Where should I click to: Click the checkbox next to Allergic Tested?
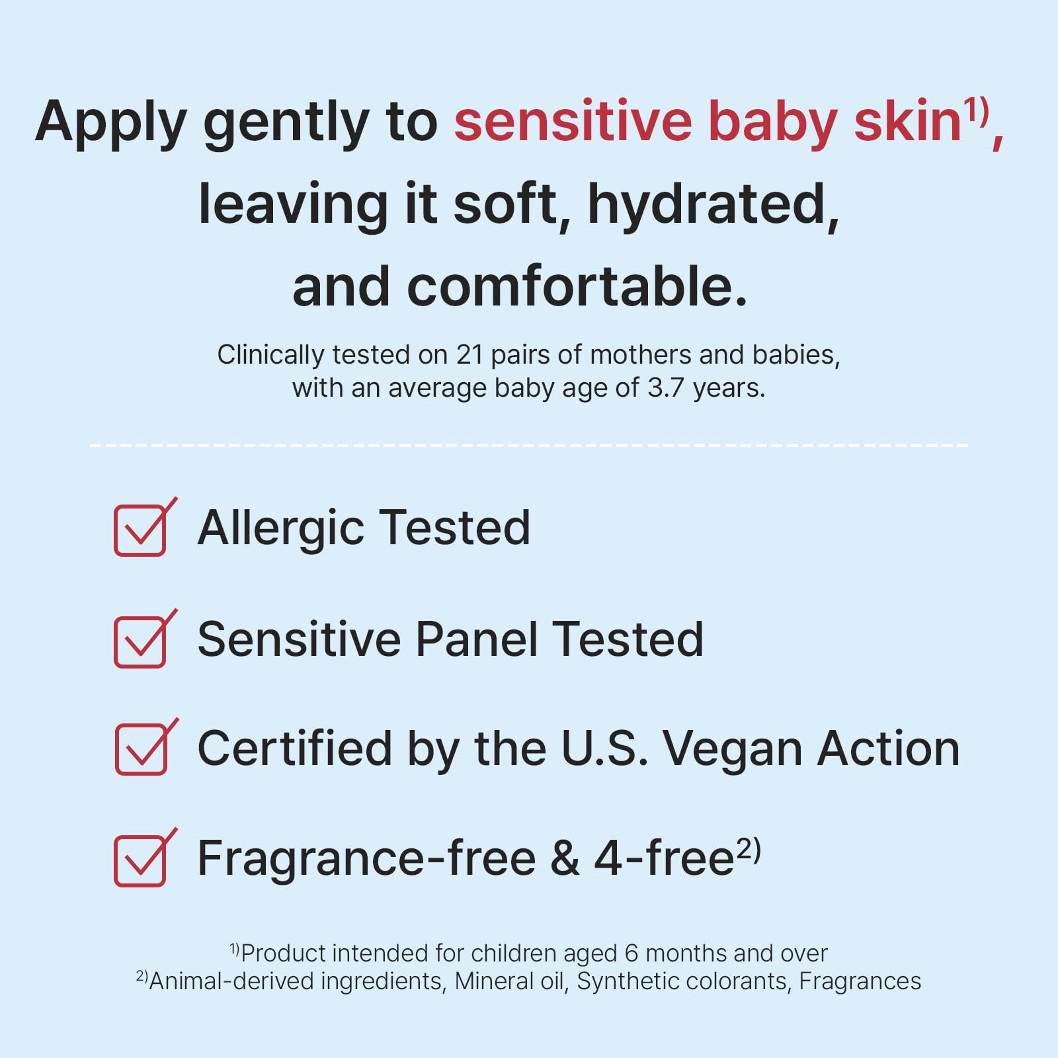[140, 530]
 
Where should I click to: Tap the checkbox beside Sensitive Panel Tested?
[140, 641]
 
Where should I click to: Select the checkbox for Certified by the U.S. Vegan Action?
[141, 749]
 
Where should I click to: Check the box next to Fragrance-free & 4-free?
[140, 860]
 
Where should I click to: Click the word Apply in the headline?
[111, 123]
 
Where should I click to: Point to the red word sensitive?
[573, 122]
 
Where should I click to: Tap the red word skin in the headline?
[906, 122]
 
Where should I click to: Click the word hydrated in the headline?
[713, 205]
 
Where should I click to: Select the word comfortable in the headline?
[577, 287]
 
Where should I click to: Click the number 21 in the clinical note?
[469, 355]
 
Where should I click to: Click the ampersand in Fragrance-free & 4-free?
[565, 859]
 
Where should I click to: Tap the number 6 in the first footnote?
[631, 954]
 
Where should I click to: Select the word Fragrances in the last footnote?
[860, 981]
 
